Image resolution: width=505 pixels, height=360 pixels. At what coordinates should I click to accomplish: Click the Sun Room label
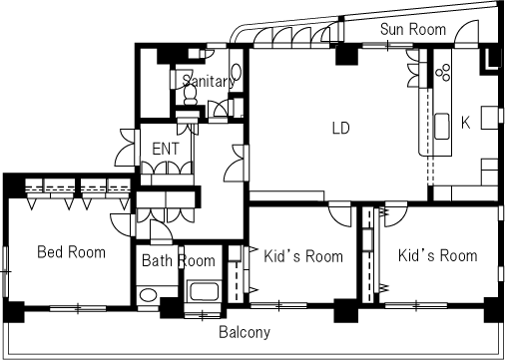(413, 29)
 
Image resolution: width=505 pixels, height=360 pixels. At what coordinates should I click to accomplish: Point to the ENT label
(166, 149)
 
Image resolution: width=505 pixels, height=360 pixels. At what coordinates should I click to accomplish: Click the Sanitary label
(207, 81)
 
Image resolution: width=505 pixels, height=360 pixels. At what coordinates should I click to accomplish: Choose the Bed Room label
(71, 252)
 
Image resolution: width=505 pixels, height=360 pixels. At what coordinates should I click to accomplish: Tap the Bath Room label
(178, 261)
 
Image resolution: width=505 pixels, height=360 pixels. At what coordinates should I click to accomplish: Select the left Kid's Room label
(303, 256)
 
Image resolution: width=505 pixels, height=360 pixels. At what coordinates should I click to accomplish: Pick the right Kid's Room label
(437, 255)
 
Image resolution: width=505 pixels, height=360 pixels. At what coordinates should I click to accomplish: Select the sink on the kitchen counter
(442, 125)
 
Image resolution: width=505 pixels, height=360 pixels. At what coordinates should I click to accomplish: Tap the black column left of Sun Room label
(345, 55)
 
